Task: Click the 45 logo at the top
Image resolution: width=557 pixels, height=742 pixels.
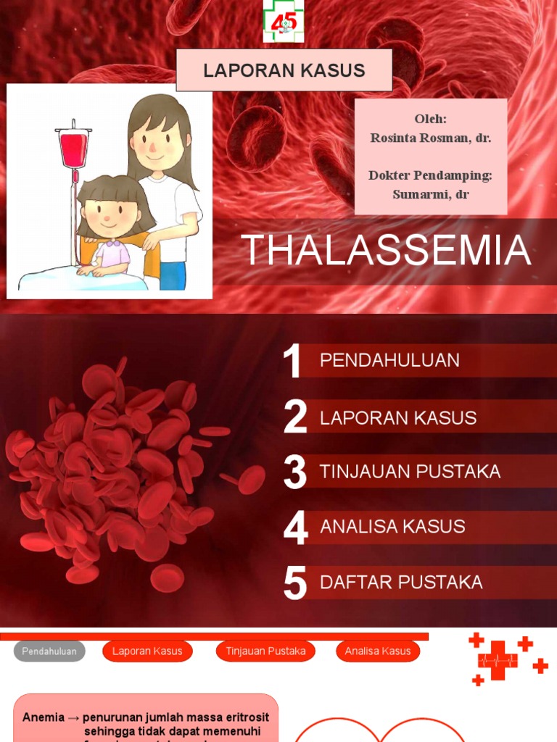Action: pyautogui.click(x=284, y=21)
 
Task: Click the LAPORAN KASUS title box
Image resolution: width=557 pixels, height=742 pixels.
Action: pyautogui.click(x=284, y=70)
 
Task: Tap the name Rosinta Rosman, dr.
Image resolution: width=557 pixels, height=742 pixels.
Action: pyautogui.click(x=430, y=137)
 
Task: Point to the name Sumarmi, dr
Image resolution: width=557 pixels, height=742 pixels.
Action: pyautogui.click(x=430, y=193)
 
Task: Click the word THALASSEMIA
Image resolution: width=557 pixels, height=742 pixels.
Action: pyautogui.click(x=387, y=250)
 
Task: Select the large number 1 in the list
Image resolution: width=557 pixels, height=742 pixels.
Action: pyautogui.click(x=292, y=361)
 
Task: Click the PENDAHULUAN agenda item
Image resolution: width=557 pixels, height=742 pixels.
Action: pyautogui.click(x=389, y=360)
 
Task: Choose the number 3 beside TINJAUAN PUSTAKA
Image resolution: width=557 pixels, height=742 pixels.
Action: pyautogui.click(x=295, y=472)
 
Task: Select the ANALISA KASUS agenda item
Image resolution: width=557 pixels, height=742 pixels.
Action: pyautogui.click(x=392, y=527)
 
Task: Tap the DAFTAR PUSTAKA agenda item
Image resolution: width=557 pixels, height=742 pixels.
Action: pyautogui.click(x=401, y=582)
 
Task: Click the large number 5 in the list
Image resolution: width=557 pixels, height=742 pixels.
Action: pyautogui.click(x=295, y=583)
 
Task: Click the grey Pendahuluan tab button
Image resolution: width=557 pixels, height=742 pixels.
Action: pyautogui.click(x=49, y=651)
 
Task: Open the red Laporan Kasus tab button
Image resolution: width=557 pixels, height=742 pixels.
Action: pyautogui.click(x=147, y=651)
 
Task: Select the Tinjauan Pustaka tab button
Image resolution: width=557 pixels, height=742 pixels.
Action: pyautogui.click(x=265, y=651)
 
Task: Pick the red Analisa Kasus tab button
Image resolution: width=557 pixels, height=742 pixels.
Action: pyautogui.click(x=378, y=651)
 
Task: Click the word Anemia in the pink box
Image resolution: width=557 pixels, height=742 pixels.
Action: pyautogui.click(x=43, y=717)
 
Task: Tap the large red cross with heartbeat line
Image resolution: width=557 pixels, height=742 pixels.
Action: pyautogui.click(x=498, y=660)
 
